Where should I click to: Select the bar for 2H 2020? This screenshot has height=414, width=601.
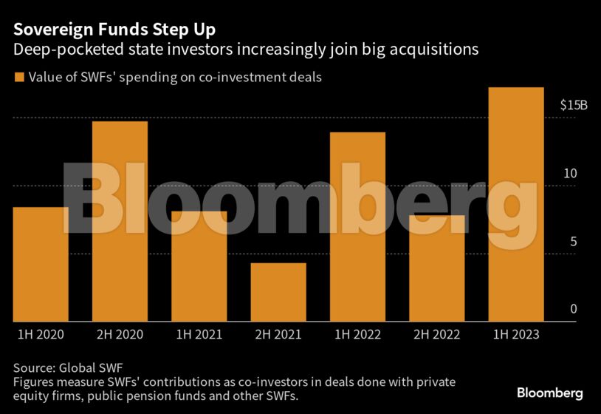click(120, 221)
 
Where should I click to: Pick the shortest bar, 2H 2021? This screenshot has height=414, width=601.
click(278, 292)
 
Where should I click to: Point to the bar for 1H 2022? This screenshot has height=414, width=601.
click(357, 227)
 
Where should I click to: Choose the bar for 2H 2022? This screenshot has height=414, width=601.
click(436, 268)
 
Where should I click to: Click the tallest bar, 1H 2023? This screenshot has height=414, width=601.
click(516, 205)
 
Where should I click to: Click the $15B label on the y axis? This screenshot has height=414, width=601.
click(574, 105)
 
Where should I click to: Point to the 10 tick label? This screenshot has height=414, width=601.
click(570, 173)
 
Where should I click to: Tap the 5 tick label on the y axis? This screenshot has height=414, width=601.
click(573, 242)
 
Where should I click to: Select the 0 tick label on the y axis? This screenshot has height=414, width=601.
click(573, 309)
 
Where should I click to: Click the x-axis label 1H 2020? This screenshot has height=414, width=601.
click(41, 335)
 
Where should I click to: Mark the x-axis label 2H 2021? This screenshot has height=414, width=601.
click(278, 335)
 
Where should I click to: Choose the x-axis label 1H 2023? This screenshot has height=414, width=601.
click(516, 335)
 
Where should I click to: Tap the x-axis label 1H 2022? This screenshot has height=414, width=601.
click(357, 335)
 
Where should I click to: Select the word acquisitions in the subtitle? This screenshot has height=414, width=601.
click(436, 50)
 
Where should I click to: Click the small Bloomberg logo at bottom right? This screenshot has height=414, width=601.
click(550, 393)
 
